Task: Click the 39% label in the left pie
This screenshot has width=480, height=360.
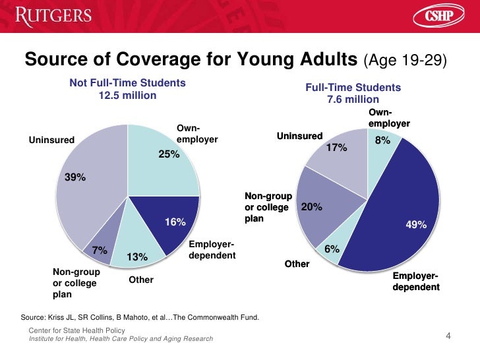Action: (75, 177)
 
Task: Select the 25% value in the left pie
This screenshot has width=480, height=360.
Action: (169, 155)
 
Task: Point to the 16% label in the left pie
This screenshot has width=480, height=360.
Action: (175, 222)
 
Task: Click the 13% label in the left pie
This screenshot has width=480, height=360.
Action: (136, 256)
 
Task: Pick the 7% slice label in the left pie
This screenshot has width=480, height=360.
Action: (100, 251)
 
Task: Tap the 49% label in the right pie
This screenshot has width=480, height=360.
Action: (416, 225)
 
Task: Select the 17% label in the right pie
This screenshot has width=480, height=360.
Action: (336, 148)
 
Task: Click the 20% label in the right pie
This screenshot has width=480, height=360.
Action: (311, 207)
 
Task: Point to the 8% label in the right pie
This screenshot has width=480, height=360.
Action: (382, 140)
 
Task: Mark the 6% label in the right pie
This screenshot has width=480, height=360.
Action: (332, 249)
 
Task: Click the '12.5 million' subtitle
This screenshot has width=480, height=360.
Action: (127, 96)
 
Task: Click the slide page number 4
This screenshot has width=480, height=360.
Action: (448, 338)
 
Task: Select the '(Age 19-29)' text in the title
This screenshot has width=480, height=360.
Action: (405, 61)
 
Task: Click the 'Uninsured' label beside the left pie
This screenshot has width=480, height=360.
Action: (51, 139)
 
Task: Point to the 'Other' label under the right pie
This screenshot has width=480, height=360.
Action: (297, 264)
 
